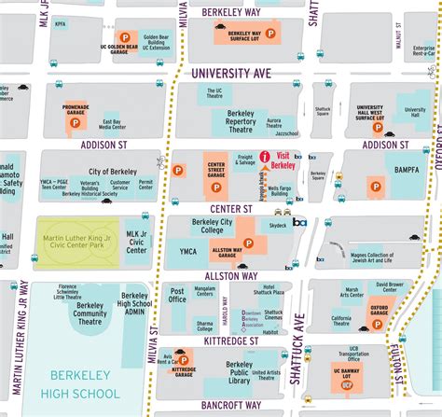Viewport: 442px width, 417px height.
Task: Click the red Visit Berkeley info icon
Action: point(265,157)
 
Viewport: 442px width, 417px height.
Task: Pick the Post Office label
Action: point(177,296)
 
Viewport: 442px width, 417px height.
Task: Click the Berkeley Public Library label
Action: point(227,375)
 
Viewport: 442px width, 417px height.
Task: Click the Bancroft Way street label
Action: point(228,405)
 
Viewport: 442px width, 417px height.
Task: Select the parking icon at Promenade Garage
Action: point(73,122)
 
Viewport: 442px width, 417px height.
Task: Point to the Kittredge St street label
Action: point(228,341)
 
